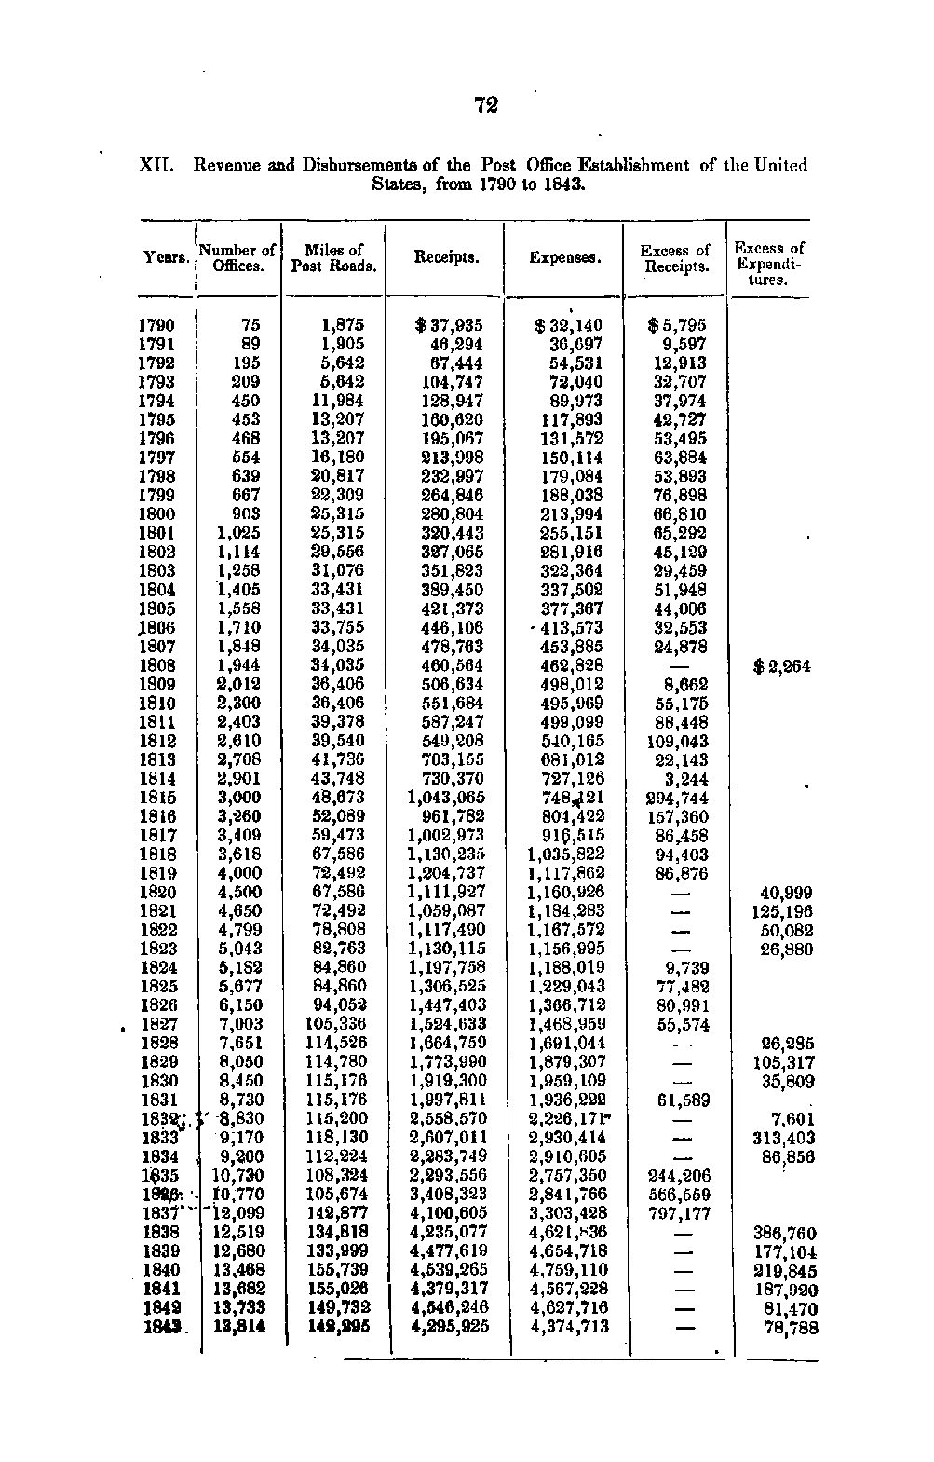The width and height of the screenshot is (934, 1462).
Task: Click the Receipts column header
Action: (447, 257)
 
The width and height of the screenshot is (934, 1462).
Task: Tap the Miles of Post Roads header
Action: (333, 258)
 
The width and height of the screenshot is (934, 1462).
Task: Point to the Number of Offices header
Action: (237, 258)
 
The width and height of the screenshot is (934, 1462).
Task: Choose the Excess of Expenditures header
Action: (769, 264)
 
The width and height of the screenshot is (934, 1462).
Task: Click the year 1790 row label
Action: (156, 325)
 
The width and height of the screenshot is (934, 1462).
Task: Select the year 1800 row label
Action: (156, 513)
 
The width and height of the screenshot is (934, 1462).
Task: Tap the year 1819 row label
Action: (156, 873)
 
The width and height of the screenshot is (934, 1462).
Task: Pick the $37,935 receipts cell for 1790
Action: (449, 325)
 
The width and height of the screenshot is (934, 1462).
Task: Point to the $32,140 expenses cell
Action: (568, 325)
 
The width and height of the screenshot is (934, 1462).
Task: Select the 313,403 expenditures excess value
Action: (783, 1138)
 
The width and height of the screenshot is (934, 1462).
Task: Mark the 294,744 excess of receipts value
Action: (677, 798)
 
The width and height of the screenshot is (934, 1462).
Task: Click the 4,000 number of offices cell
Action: (239, 873)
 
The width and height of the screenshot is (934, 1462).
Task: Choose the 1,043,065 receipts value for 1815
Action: (446, 798)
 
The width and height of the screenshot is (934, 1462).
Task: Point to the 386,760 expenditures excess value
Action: (783, 1233)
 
